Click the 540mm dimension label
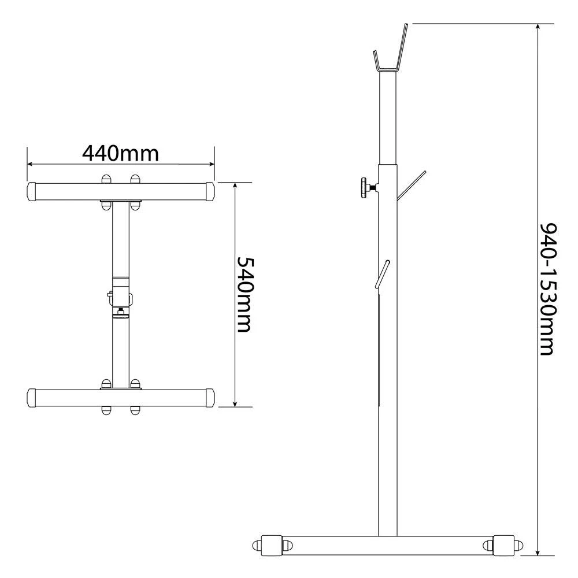[x=244, y=295]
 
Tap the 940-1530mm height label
[x=547, y=289]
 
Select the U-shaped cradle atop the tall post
[x=388, y=69]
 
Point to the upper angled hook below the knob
[x=412, y=186]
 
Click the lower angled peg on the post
[x=382, y=274]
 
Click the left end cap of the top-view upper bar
[x=32, y=191]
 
